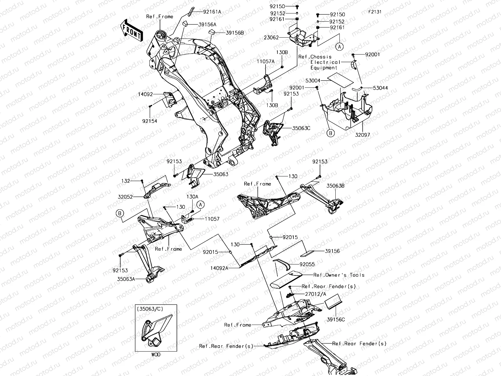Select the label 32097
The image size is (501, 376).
[x=362, y=135]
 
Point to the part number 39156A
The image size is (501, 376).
[x=207, y=24]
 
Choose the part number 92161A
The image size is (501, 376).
[x=212, y=12]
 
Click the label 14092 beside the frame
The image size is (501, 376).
[x=145, y=93]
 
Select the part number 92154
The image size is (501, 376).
[x=150, y=121]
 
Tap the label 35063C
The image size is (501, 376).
[x=301, y=128]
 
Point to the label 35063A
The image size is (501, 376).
[x=126, y=279]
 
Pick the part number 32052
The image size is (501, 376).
[x=125, y=197]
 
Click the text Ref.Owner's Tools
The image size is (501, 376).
[x=339, y=275]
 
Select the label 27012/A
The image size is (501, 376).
[x=315, y=294]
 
